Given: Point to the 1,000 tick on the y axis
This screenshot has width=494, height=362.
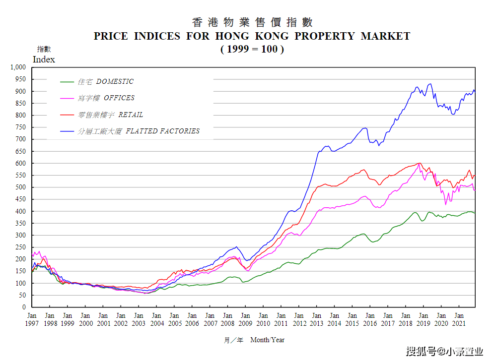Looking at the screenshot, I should coord(18,67).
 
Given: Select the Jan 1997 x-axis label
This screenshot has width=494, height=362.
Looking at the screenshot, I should coord(32,319).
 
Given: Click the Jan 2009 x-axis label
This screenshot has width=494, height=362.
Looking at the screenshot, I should coord(245,319).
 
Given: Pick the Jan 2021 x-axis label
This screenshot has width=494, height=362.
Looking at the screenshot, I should coord(459,319).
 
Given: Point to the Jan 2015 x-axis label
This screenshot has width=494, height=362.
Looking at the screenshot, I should coord(352,319).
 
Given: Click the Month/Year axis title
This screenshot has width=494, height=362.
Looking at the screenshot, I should coord(267,340).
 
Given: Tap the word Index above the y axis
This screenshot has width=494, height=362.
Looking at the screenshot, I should coord(44,60).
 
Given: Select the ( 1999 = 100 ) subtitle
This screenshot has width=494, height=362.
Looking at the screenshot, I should coord(252,49).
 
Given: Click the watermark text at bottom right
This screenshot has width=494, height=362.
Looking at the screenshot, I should coord(444,351).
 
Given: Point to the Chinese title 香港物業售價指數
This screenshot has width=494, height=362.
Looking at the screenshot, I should coord(252,22).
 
